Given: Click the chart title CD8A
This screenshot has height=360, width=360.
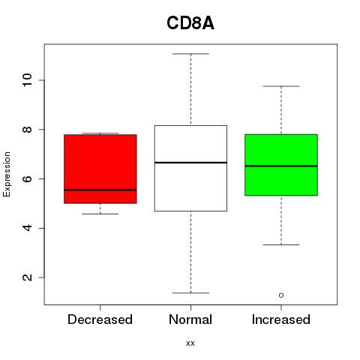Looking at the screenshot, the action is (x=190, y=23).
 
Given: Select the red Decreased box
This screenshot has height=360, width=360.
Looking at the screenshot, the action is (x=100, y=169).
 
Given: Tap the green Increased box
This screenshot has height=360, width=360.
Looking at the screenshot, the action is (x=281, y=165).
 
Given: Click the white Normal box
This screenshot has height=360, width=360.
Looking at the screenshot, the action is (x=190, y=168).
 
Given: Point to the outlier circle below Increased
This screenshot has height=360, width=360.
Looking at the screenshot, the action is (x=281, y=295).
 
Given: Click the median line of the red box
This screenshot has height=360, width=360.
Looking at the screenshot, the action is (x=100, y=190).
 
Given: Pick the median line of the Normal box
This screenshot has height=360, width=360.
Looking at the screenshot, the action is (x=190, y=163).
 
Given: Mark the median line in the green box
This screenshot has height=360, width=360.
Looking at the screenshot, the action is (x=281, y=166).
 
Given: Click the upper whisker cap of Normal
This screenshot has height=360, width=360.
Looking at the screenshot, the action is (x=190, y=54).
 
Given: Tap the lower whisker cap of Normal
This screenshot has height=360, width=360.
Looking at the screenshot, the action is (x=190, y=292).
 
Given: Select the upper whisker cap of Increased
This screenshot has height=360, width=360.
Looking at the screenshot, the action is (x=281, y=86).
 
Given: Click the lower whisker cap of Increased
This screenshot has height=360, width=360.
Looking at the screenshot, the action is (x=281, y=244).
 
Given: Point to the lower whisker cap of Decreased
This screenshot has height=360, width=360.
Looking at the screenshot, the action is (x=100, y=214).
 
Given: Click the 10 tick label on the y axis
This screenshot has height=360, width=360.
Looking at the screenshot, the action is (x=27, y=80).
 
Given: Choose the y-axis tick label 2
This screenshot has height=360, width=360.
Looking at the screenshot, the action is (x=27, y=277).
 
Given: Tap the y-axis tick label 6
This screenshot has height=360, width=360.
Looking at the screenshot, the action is (x=27, y=178).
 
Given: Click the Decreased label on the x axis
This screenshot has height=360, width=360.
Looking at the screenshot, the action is (x=100, y=319).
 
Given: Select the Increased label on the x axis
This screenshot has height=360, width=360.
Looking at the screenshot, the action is (x=281, y=319).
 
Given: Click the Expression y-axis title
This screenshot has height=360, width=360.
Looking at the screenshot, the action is (x=7, y=174).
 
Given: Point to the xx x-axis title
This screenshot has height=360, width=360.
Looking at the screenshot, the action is (x=190, y=343).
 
